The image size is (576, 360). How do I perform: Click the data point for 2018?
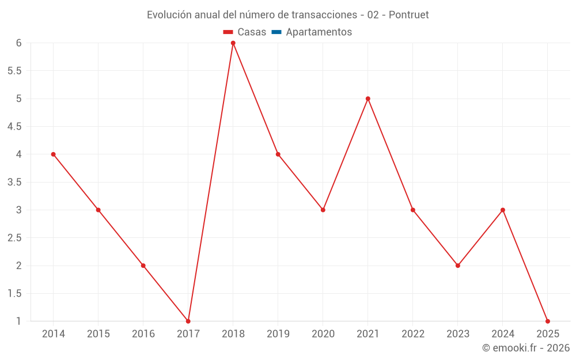(233, 43)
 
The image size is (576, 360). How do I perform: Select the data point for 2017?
(188, 321)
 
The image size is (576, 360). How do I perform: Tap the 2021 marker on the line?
(368, 98)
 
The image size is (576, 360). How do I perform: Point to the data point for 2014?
(54, 154)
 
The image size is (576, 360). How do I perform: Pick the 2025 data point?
(548, 321)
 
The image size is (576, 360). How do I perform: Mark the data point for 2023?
(458, 266)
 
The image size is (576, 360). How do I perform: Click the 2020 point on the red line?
(323, 210)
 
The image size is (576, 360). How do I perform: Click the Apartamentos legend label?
(319, 32)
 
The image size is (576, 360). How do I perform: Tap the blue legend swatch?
(276, 32)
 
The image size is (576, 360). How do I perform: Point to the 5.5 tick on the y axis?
(14, 71)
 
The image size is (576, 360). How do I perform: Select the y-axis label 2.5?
(14, 238)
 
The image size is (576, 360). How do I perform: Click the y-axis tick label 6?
(19, 43)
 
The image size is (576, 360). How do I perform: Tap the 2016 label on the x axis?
(143, 334)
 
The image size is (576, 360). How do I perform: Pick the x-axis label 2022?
(413, 334)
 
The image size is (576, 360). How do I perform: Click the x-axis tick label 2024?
(503, 334)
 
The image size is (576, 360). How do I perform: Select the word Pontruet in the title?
(409, 15)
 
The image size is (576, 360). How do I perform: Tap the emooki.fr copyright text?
(526, 348)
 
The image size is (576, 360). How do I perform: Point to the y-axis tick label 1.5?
(14, 293)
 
